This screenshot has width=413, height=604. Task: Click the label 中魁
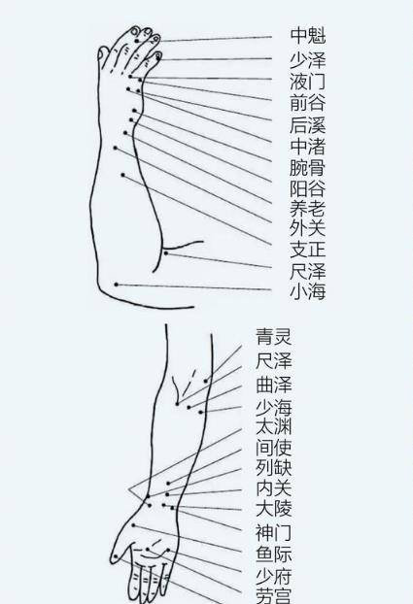[x=308, y=35]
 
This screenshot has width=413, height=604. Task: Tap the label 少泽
[x=308, y=60]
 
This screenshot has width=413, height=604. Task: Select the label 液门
[x=308, y=82]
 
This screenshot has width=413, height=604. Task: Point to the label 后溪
[x=308, y=125]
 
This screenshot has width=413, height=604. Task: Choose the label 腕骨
[x=308, y=168]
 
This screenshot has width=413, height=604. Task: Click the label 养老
[x=308, y=209]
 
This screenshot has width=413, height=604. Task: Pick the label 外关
[x=308, y=228]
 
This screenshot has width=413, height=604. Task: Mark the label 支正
[x=308, y=249]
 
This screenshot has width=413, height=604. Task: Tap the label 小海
[x=308, y=291]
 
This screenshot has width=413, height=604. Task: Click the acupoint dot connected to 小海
[x=116, y=285]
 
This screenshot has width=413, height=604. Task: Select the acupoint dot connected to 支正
[x=123, y=175]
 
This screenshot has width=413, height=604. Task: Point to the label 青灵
[x=273, y=336]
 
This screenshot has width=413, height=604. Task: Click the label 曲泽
[x=273, y=385]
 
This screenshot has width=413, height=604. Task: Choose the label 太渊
[x=273, y=427]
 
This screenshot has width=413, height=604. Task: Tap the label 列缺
[x=273, y=467]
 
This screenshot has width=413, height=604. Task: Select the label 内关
[x=273, y=488]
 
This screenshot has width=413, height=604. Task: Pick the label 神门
[x=273, y=533]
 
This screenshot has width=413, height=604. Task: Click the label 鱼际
[x=273, y=554]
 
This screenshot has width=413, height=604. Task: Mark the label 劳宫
[x=273, y=595]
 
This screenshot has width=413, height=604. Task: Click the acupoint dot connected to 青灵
[x=206, y=381]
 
